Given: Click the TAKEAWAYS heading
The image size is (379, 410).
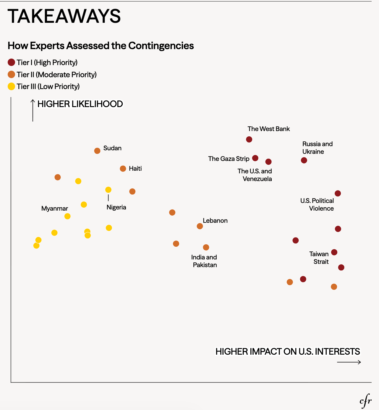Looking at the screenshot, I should [x=64, y=16].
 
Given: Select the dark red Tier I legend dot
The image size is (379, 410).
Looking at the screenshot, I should [x=11, y=62].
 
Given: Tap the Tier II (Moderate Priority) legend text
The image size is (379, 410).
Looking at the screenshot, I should [x=56, y=75].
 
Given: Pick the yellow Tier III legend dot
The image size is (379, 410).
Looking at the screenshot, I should [x=11, y=86].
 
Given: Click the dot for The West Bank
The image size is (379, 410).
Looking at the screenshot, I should [x=249, y=139].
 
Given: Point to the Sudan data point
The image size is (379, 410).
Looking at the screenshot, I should [x=97, y=151].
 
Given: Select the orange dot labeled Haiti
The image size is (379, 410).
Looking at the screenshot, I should [x=123, y=169].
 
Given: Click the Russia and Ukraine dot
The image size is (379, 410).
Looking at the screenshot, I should [x=304, y=160].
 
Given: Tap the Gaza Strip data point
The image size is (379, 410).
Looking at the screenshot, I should [x=255, y=158].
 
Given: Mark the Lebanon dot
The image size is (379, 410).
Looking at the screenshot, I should [x=200, y=226].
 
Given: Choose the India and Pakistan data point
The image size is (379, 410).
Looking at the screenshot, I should [x=206, y=247].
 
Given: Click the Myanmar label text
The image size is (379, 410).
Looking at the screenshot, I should [x=55, y=209].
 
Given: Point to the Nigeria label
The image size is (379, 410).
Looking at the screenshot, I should [x=116, y=207].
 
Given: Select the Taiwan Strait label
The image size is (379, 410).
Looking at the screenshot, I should [x=319, y=258].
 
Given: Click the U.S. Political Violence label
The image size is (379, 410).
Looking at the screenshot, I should [x=317, y=204].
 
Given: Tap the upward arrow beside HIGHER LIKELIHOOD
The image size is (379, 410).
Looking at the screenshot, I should [x=33, y=110].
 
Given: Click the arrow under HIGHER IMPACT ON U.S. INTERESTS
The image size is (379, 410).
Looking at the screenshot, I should [x=349, y=362].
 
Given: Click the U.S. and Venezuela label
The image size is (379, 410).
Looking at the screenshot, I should [x=255, y=175].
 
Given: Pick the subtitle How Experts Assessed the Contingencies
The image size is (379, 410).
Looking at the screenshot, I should [x=101, y=46].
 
